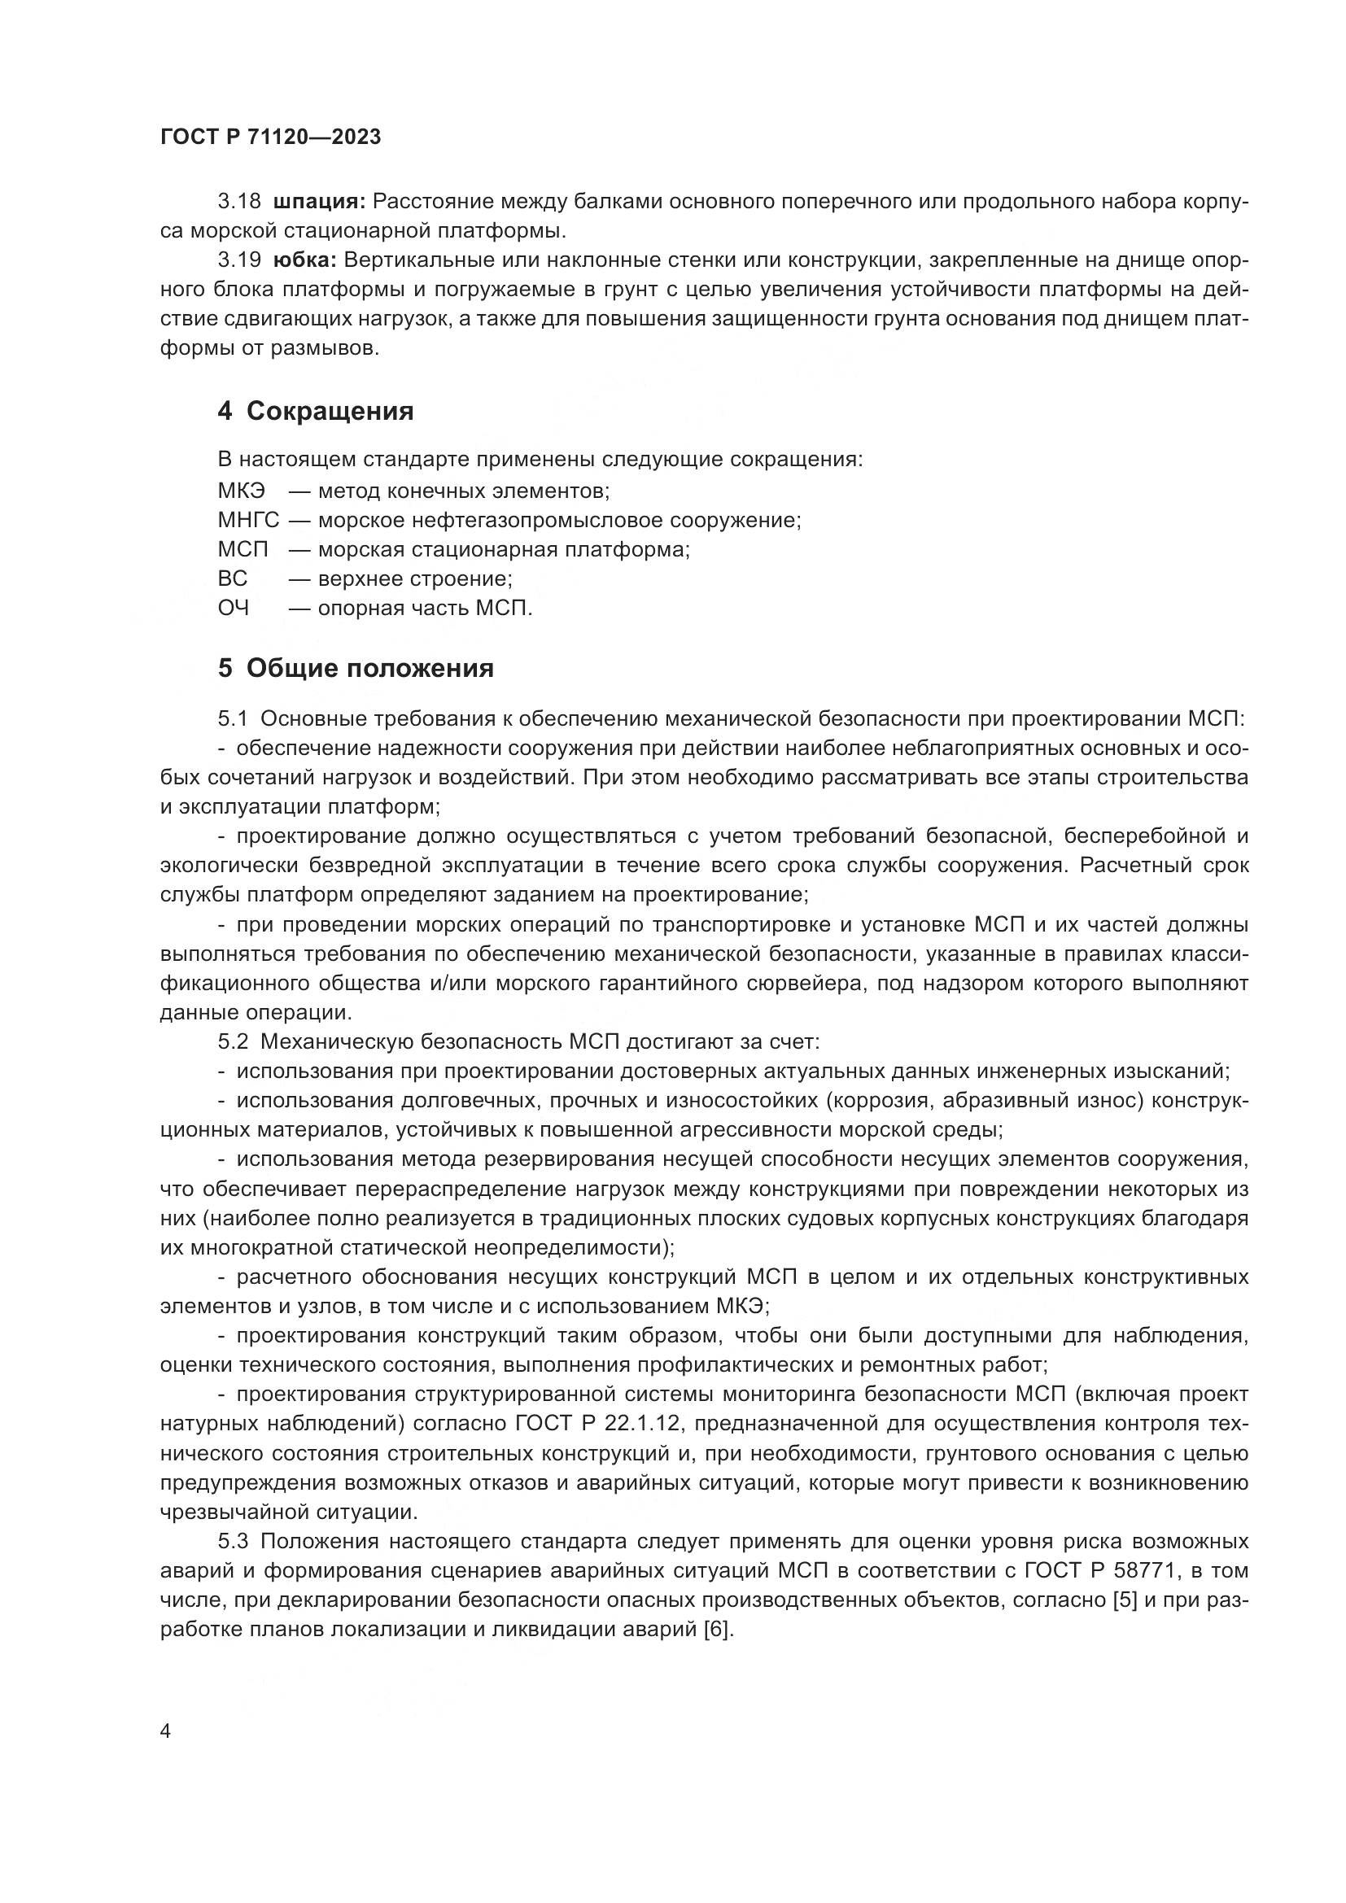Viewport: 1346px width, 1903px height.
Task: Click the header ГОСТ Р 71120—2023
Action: pos(270,137)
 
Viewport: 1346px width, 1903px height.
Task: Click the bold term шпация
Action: pos(319,202)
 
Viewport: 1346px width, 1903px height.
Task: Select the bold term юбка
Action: pos(304,260)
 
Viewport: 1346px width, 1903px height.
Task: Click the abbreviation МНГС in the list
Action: pos(249,521)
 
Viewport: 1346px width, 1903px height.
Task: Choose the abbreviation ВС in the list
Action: pos(232,578)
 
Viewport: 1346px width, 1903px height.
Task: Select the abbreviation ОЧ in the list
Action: pos(233,609)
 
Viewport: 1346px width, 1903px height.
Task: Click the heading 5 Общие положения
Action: pos(356,668)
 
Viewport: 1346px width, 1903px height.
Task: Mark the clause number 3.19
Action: pos(238,260)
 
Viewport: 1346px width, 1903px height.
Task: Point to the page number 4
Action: pos(166,1731)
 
